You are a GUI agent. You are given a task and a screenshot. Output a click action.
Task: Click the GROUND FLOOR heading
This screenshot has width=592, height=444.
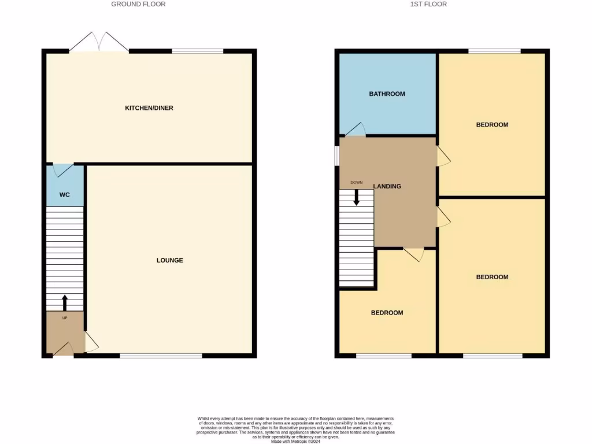(138, 4)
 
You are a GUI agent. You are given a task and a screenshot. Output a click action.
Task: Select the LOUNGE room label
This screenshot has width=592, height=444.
(169, 260)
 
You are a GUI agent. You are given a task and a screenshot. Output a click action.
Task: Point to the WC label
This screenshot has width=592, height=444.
(65, 195)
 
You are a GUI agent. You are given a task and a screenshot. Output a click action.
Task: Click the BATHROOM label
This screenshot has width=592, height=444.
(387, 94)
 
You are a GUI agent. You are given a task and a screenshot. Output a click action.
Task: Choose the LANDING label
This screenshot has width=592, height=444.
(387, 186)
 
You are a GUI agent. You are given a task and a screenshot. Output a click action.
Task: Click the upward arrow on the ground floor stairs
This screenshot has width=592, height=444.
(64, 302)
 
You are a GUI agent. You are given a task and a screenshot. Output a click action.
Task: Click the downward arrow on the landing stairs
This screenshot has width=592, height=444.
(356, 197)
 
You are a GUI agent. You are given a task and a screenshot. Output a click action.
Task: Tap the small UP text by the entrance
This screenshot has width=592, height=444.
(65, 317)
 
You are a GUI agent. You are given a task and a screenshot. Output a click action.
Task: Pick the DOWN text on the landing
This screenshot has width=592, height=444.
(356, 183)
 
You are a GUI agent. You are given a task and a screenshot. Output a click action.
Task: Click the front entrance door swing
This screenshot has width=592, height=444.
(63, 349)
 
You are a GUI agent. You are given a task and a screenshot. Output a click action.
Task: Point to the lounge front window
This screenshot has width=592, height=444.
(161, 355)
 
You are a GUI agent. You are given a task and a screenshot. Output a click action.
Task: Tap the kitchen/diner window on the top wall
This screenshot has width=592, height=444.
(198, 51)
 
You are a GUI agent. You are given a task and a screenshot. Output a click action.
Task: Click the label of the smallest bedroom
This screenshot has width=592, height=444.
(387, 313)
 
